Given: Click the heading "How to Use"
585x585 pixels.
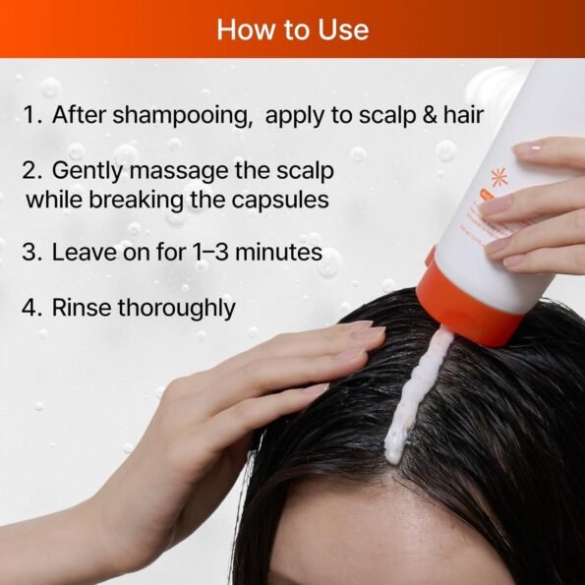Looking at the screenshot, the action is tap(293, 29).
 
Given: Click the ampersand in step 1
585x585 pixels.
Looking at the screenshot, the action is tap(430, 114).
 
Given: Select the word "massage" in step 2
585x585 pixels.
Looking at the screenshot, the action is tap(179, 172).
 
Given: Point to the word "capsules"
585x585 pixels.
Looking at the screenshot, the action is tap(280, 201).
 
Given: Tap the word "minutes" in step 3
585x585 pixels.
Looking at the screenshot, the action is tap(279, 252).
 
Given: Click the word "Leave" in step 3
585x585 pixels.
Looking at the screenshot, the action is tap(84, 252).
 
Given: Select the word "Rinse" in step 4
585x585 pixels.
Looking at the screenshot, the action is tap(82, 308).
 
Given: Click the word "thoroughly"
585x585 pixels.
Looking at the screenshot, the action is tap(177, 309).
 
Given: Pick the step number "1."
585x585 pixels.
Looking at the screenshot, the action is tap(32, 114).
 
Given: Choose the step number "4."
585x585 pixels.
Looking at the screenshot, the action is tap(31, 308).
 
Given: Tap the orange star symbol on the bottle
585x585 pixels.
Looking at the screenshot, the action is tap(499, 177).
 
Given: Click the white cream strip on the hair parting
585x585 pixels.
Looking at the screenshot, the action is tap(418, 395).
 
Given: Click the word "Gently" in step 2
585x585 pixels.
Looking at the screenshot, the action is tap(88, 172).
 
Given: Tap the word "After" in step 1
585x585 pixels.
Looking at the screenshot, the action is tap(79, 114).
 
